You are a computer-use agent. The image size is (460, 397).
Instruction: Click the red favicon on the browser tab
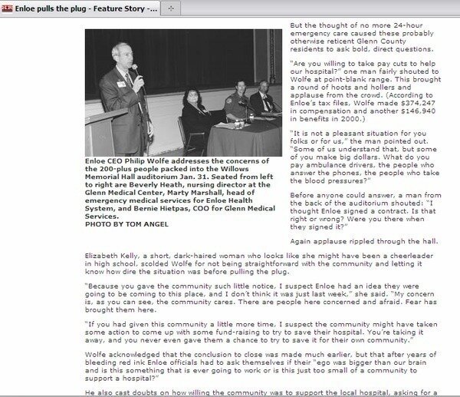click(x=6, y=6)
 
